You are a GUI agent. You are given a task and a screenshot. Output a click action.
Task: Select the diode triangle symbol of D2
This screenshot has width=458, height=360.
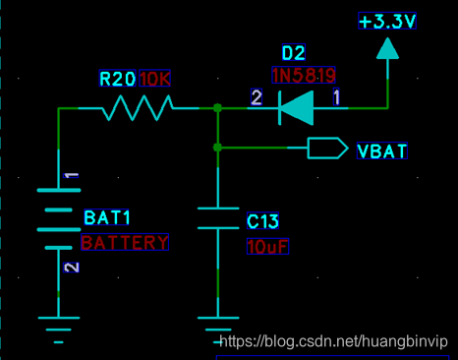coord(297,108)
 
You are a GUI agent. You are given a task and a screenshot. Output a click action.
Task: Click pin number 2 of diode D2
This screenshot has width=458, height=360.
coord(258,96)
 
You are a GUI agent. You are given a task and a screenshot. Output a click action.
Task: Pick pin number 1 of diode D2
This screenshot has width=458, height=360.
coord(336,96)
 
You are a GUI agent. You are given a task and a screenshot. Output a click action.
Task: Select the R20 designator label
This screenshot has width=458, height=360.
coord(118,79)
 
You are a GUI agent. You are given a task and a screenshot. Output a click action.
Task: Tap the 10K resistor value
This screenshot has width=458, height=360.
coord(155,79)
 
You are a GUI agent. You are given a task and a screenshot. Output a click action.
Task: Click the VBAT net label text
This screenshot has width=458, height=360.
coord(383,151)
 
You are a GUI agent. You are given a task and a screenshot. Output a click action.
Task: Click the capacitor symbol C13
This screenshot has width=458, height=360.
coord(217,218)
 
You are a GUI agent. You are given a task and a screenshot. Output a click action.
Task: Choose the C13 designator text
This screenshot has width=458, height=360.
coord(263,221)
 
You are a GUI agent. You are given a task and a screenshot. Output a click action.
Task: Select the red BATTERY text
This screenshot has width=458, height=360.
coord(125,241)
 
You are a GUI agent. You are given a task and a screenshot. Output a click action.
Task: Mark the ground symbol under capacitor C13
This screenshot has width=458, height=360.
coord(217,326)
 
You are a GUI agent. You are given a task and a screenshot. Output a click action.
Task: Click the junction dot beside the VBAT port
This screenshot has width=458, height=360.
coord(217,148)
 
